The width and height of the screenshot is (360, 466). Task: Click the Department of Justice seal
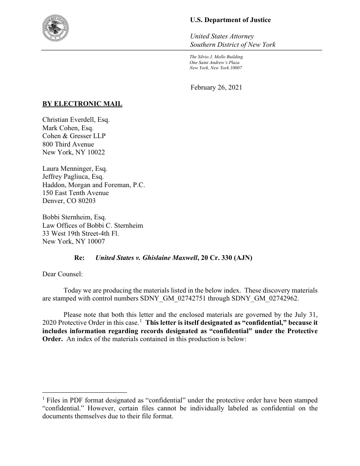pos(58,27)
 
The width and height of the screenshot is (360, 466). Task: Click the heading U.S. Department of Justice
pos(230,20)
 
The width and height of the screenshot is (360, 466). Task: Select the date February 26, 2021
pos(216,87)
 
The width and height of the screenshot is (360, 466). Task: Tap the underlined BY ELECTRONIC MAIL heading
pos(82,104)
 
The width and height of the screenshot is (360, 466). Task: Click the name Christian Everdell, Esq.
pos(76,120)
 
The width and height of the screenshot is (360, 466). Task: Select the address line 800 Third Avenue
pos(68,144)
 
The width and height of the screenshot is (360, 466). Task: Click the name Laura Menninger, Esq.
pos(75,169)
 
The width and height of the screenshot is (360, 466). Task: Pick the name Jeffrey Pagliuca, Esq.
pos(73,177)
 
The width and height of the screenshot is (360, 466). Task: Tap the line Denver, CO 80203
pos(69,201)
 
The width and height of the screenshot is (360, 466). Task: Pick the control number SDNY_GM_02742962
pos(264,298)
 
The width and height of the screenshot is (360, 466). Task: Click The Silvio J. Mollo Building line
pos(216,57)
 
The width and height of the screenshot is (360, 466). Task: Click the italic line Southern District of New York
pos(232,45)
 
